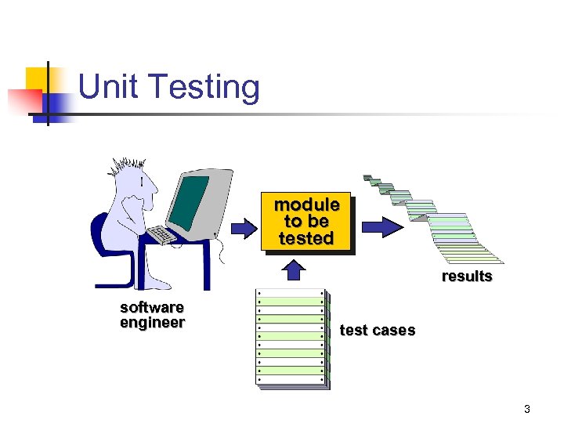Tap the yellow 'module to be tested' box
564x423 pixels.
306,222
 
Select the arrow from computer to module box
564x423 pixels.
244,228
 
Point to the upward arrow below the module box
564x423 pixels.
293,269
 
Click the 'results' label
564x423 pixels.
467,276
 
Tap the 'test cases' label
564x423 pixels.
378,330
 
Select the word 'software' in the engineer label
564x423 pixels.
152,307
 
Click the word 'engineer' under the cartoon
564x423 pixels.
152,323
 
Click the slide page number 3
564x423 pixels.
527,409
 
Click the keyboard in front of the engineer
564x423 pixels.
163,234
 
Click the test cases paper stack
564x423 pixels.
292,338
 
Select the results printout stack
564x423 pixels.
439,219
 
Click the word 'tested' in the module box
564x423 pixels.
306,238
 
